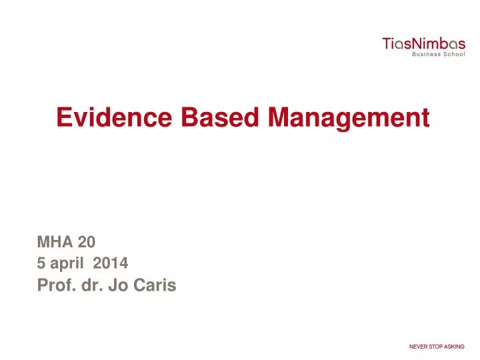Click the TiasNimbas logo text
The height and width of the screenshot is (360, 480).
click(423, 44)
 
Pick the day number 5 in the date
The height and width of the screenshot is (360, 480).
click(41, 264)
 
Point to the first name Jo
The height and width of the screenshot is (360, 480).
click(129, 286)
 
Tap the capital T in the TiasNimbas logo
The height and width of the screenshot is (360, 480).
click(385, 44)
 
